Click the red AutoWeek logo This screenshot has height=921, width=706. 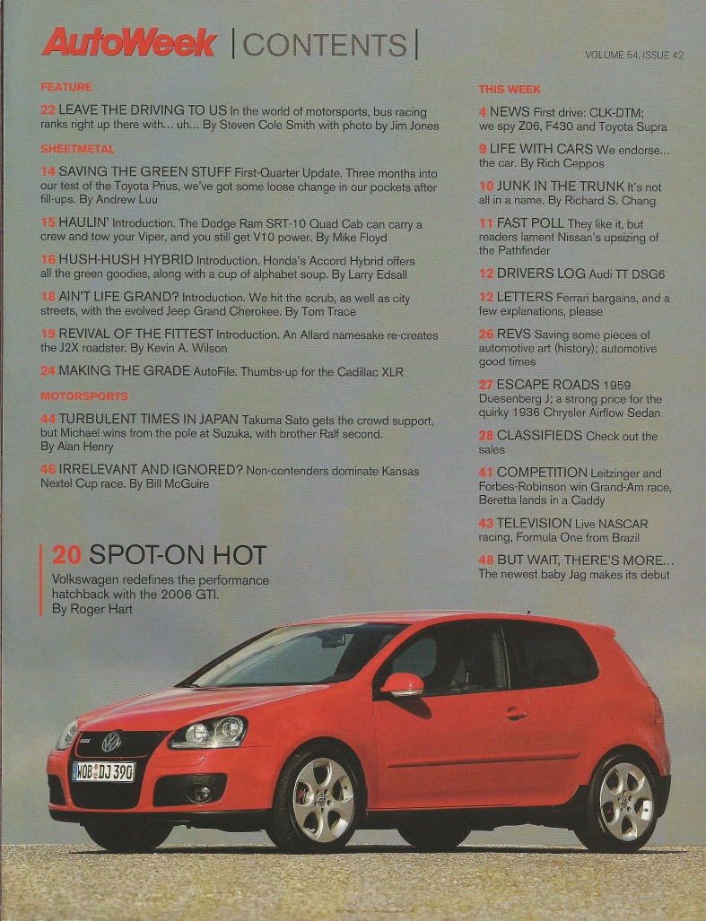pyautogui.click(x=129, y=42)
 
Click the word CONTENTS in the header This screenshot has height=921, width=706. pyautogui.click(x=324, y=45)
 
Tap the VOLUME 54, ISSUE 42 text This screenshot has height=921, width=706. pyautogui.click(x=634, y=55)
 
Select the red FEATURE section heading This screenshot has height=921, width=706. pyautogui.click(x=65, y=87)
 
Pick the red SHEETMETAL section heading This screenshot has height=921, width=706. pyautogui.click(x=77, y=148)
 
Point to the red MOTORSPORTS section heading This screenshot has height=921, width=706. pyautogui.click(x=83, y=395)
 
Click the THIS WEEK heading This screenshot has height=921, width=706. pyautogui.click(x=510, y=89)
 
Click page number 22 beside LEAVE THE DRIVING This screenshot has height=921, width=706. pyautogui.click(x=48, y=109)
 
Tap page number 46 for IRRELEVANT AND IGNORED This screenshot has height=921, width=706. pyautogui.click(x=49, y=470)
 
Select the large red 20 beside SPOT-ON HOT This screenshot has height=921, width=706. pyautogui.click(x=68, y=556)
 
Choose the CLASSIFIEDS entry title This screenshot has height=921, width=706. pyautogui.click(x=539, y=436)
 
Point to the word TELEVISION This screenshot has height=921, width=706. pyautogui.click(x=534, y=522)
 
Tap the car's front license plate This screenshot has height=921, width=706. pyautogui.click(x=103, y=770)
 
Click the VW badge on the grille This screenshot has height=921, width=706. pyautogui.click(x=111, y=741)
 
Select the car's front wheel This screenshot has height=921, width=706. pyautogui.click(x=322, y=798)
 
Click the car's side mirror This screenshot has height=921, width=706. pyautogui.click(x=402, y=685)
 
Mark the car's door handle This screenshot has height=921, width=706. pyautogui.click(x=515, y=714)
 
